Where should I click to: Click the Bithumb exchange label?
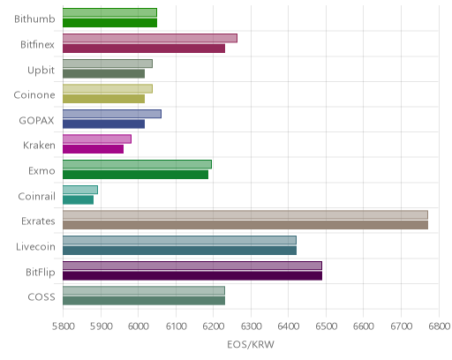coord(34,19)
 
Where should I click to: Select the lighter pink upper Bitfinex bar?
coord(150,38)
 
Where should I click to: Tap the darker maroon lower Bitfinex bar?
coord(144,49)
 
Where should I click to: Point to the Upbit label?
coord(41,71)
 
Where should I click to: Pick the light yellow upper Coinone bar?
coord(108,89)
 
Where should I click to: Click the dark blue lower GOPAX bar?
coord(103,124)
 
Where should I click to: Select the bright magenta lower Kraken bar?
coord(93,149)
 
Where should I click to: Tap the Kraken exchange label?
coord(39,146)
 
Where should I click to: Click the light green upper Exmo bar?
coord(137,164)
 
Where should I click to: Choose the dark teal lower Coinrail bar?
coord(78,200)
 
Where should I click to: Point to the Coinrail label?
coord(36,196)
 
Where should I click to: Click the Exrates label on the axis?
coord(38,221)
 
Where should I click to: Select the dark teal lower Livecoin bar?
coord(179,251)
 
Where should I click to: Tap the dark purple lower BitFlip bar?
coord(192,276)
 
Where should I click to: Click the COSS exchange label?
coord(41,297)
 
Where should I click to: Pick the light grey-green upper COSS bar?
coord(144,291)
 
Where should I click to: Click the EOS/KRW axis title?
coord(251,344)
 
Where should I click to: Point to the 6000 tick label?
coord(138,326)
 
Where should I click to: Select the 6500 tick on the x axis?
coord(326,326)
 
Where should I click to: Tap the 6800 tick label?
coord(440,326)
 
